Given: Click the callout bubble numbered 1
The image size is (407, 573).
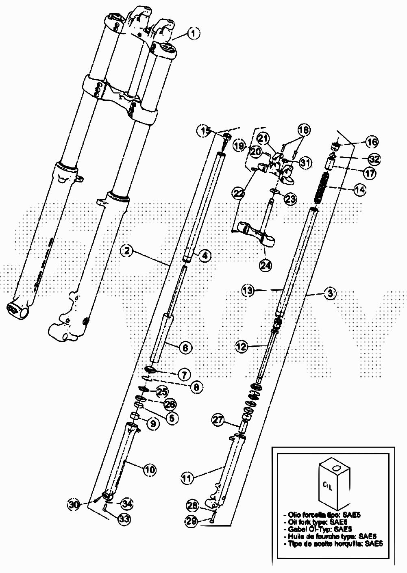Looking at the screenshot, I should (194, 33).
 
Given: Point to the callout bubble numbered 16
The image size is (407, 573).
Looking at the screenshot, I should (371, 142).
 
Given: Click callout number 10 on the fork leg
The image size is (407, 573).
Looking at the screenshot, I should (150, 469).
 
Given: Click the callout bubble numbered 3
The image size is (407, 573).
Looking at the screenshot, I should (330, 292).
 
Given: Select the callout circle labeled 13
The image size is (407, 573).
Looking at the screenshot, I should (248, 290).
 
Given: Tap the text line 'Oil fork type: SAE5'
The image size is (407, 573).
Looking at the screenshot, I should (317, 522).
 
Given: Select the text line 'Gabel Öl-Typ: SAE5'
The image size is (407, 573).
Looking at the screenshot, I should (317, 529).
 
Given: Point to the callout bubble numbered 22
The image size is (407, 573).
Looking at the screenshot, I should (239, 192).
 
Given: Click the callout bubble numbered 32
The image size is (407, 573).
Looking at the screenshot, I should (374, 159).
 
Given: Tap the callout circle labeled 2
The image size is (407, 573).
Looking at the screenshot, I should (127, 251).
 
